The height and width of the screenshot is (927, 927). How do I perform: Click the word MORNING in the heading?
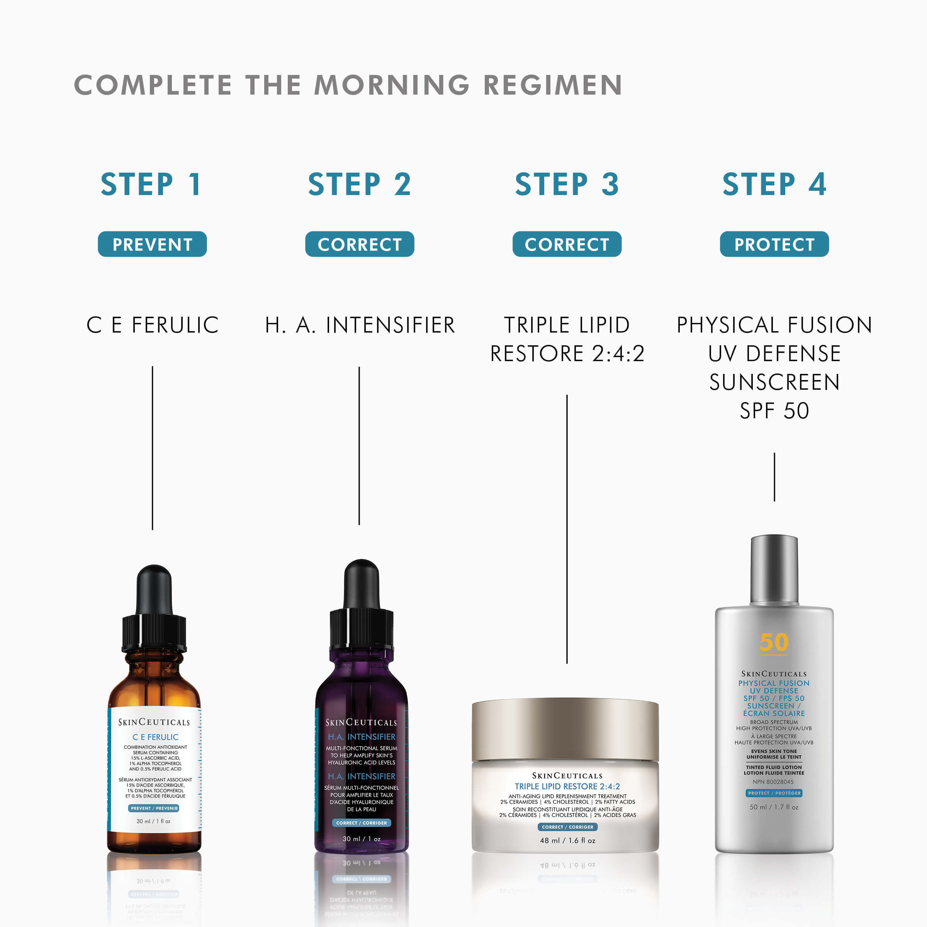click(392, 85)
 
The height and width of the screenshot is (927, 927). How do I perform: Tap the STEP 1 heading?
click(152, 184)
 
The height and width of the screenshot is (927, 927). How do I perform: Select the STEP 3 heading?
click(567, 184)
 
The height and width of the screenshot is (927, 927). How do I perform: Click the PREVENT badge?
click(152, 244)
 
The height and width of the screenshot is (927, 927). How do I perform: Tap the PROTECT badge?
click(774, 244)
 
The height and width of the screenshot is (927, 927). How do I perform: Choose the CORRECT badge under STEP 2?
click(359, 244)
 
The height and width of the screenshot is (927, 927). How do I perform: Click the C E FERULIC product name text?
click(152, 325)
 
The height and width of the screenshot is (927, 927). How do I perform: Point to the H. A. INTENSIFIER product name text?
click(359, 325)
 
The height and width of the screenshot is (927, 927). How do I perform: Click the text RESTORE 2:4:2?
click(567, 354)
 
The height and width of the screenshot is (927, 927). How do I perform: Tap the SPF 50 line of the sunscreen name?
click(774, 411)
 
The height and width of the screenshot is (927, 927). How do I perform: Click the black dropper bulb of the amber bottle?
click(154, 589)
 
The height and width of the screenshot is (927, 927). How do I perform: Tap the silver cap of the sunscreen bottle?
click(774, 569)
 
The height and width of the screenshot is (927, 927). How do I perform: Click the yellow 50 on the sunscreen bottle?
click(773, 642)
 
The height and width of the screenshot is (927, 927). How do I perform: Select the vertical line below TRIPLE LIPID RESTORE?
click(567, 528)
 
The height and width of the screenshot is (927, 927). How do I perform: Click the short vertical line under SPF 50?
click(774, 477)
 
